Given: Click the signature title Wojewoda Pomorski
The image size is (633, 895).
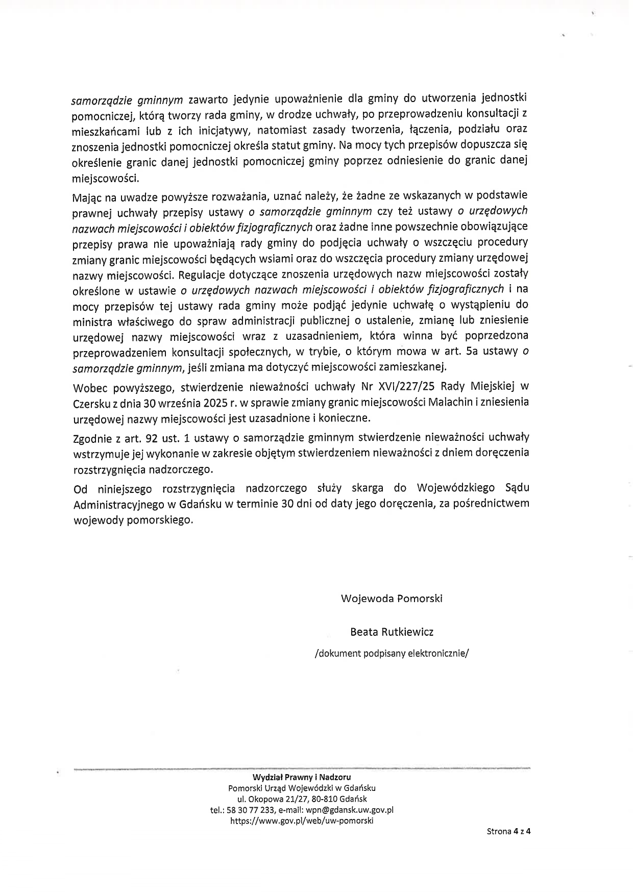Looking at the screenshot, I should (x=392, y=599).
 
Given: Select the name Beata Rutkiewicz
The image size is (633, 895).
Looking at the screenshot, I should (x=392, y=632).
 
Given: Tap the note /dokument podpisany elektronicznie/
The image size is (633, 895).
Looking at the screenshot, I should (x=392, y=653).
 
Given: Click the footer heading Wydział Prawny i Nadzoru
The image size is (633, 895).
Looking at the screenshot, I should (x=302, y=777).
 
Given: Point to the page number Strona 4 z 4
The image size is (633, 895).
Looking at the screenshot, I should (x=508, y=831).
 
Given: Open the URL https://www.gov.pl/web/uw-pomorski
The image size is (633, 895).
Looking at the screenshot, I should (x=302, y=821).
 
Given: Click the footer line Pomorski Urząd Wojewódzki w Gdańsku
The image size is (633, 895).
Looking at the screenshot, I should (x=302, y=788).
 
